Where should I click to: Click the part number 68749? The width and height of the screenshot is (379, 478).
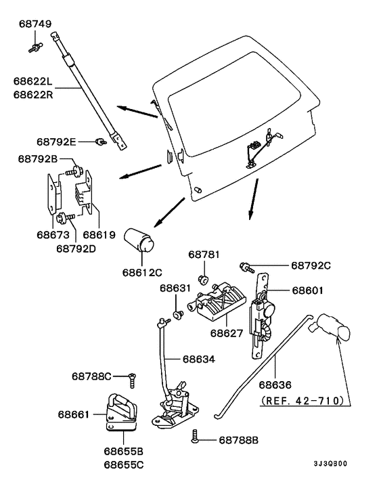coord(35,24)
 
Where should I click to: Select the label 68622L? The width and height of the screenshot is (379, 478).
coord(33,81)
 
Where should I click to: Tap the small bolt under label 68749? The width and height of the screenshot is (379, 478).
coord(36,48)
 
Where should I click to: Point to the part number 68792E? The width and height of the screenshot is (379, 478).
coord(56,142)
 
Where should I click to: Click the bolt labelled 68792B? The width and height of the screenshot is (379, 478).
coord(74,171)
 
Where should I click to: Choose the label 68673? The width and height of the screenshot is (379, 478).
coord(53,235)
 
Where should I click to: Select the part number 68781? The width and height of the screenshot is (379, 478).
coord(204,255)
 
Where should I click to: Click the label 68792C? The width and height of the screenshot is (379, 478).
coord(311,265)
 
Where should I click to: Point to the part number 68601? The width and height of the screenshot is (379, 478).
coord(308,290)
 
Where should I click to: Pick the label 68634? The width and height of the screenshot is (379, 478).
coord(199,359)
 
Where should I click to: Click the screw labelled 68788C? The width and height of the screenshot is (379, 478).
coord(132,380)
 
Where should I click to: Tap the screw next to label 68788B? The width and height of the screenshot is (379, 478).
coord(195,436)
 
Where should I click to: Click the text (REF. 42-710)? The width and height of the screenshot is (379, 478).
coord(303,401)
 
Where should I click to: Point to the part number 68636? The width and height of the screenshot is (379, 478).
coord(275,385)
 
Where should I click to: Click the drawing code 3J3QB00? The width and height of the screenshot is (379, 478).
coord(330,464)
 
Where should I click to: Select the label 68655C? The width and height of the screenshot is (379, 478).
coord(123,465)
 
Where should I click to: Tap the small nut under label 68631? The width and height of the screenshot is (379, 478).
coord(178,314)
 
